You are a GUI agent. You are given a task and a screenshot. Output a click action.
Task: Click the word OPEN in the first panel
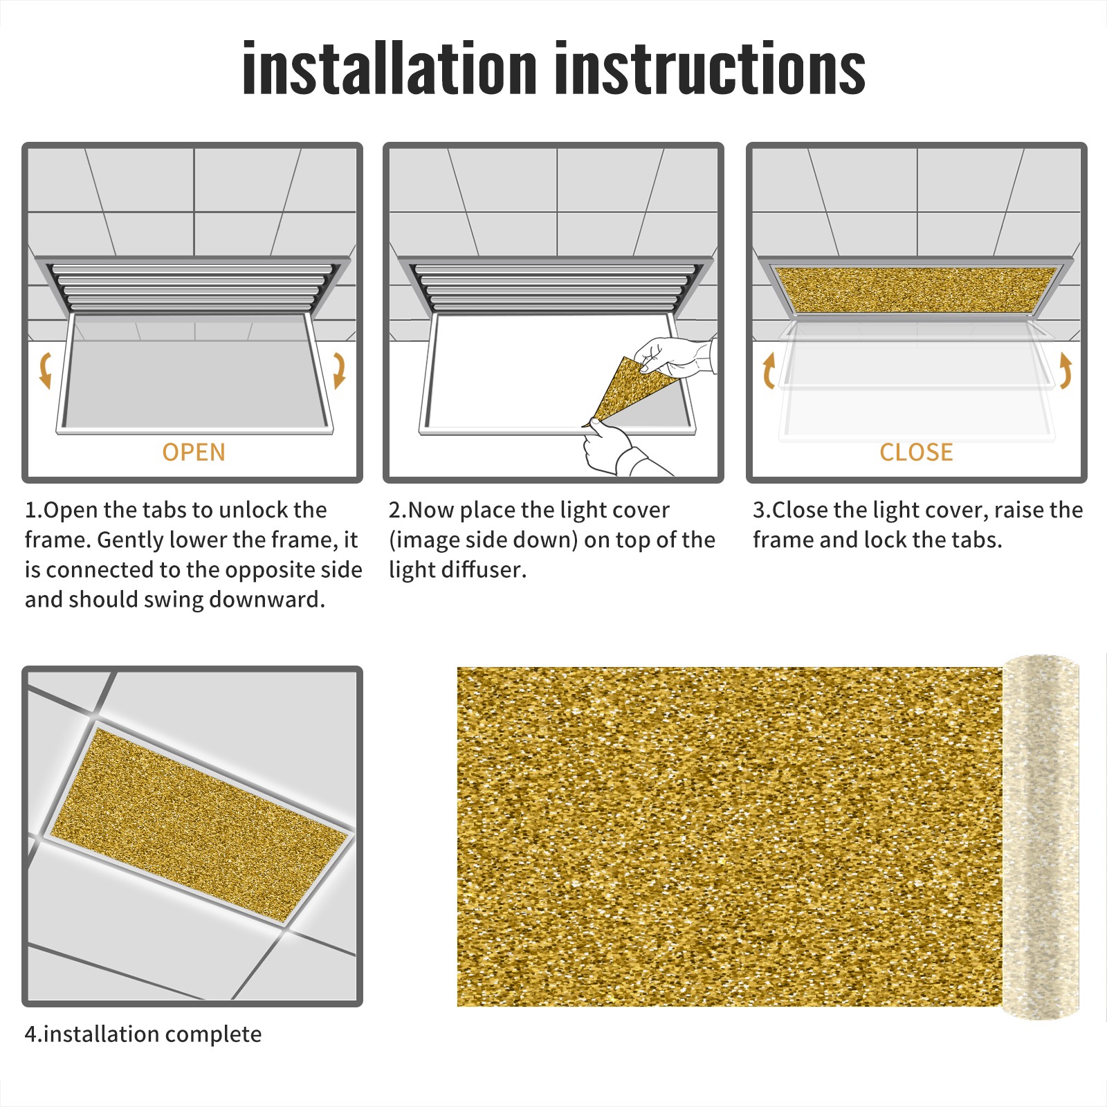coord(194,452)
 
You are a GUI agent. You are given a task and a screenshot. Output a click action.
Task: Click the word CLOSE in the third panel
coord(916,452)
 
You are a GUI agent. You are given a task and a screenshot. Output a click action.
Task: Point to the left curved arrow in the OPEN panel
coord(45,370)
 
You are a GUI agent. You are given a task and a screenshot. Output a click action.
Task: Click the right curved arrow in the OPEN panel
coord(339,370)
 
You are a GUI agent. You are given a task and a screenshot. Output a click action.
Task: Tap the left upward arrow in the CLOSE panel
coord(769,370)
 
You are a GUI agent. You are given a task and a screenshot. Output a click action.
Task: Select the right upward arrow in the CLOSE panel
coord(1065,370)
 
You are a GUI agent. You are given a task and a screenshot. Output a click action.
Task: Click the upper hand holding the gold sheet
coord(675,357)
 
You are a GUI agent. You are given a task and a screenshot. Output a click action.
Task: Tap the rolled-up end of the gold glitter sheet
coord(1041,837)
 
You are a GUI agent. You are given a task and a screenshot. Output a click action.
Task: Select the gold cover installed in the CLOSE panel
coord(916,290)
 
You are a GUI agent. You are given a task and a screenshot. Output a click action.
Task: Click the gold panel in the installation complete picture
coord(199,825)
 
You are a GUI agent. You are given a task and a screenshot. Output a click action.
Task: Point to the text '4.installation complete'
coord(143,1034)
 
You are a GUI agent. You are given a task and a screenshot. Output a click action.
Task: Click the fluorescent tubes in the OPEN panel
coord(194,285)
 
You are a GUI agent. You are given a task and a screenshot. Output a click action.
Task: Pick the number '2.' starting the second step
coord(398,510)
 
